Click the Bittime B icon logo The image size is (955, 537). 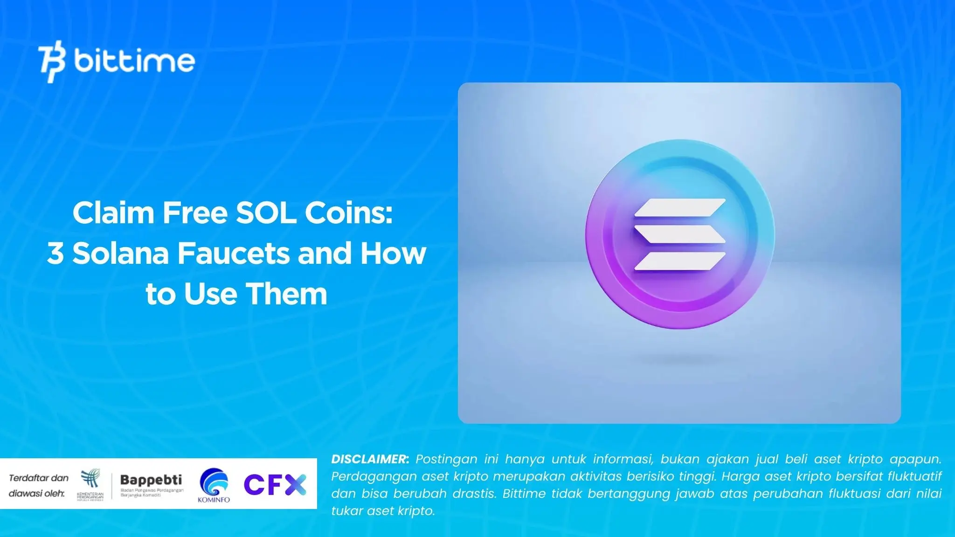pos(52,62)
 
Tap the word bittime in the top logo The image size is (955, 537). pos(134,61)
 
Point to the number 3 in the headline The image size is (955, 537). pos(55,254)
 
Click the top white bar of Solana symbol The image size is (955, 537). pos(679,207)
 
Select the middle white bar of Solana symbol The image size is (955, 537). pos(679,234)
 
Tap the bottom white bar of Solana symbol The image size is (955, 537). pos(679,261)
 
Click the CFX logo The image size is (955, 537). pos(275,485)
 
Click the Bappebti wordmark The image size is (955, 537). pos(151,480)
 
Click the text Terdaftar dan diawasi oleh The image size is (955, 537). pos(38,485)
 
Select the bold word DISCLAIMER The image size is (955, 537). pos(370,459)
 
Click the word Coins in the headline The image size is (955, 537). pos(349,213)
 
